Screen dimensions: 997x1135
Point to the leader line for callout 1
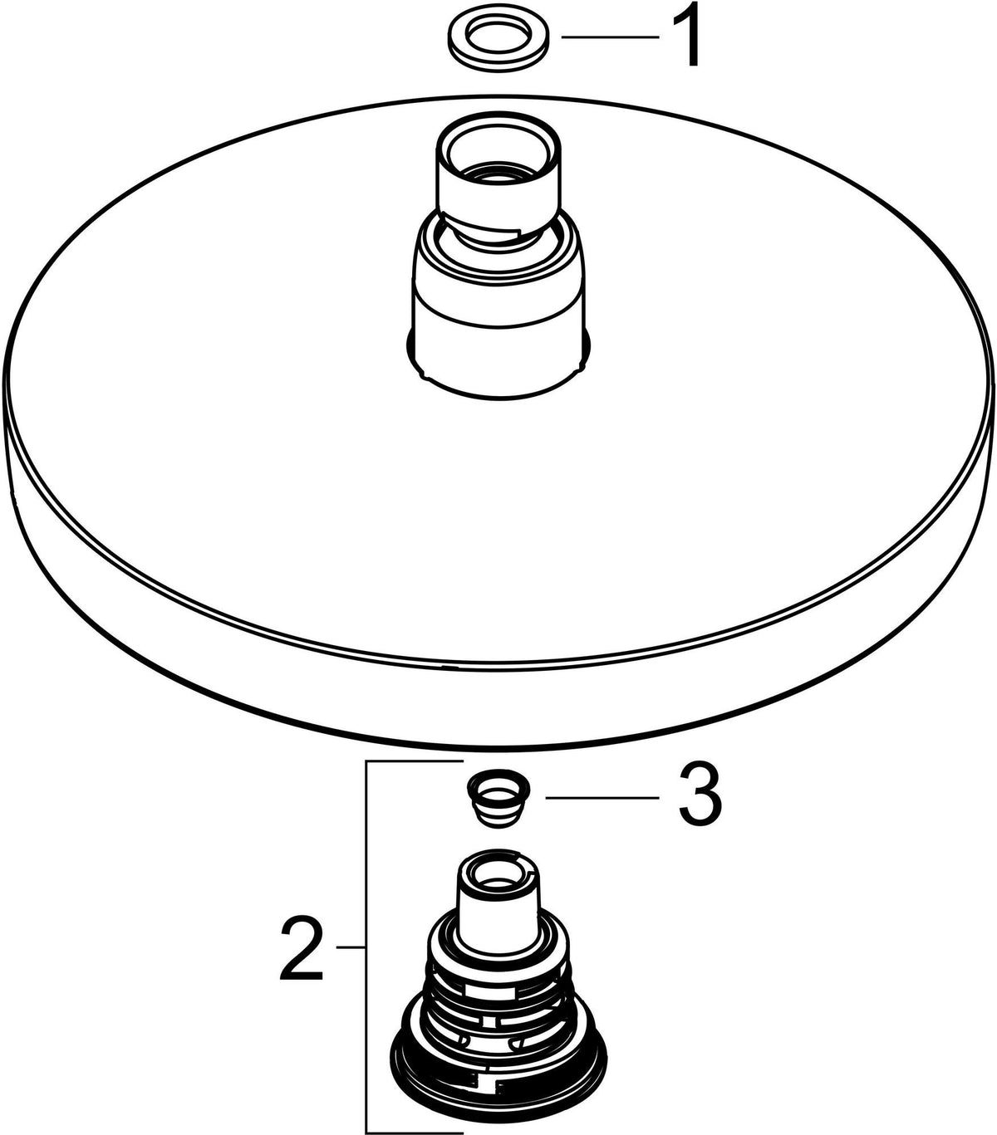click(610, 37)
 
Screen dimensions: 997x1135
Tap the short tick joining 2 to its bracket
click(351, 947)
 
